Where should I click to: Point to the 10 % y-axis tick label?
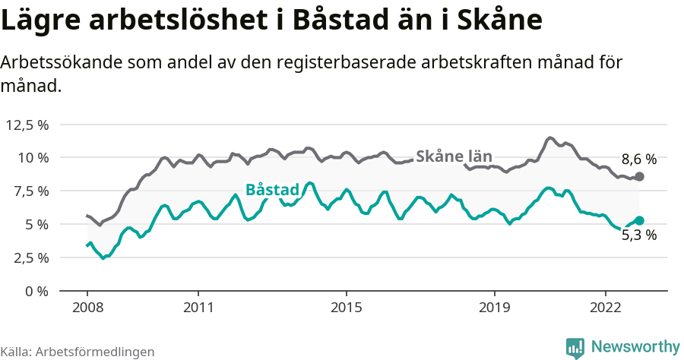click(33, 158)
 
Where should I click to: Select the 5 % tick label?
click(36, 224)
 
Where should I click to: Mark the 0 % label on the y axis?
click(36, 291)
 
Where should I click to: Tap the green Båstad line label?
click(272, 190)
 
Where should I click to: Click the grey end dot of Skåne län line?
click(639, 176)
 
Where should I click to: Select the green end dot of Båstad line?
click(639, 220)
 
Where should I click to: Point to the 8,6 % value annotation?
click(638, 159)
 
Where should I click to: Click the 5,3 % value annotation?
click(638, 235)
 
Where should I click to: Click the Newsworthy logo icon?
click(575, 347)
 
